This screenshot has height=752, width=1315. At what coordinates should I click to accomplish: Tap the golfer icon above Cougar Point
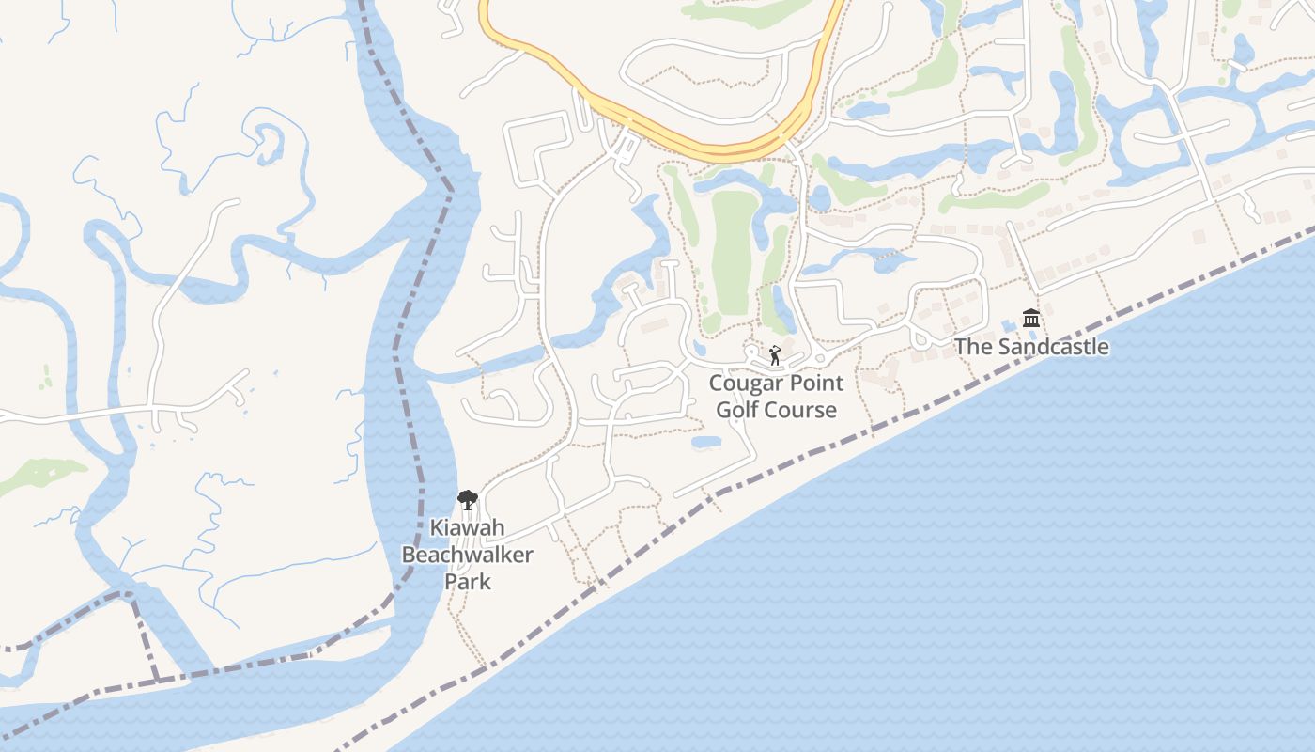775,355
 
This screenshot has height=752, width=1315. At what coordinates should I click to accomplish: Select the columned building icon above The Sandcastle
1031,319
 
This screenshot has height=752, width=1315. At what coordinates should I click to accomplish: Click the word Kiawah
467,527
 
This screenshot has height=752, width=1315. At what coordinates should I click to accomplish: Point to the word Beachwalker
467,555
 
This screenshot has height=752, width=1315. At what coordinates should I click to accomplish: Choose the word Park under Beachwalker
467,582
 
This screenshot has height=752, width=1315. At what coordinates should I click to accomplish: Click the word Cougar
744,384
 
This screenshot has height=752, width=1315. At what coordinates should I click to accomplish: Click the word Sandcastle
1053,347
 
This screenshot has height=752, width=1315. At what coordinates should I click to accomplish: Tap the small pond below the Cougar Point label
705,441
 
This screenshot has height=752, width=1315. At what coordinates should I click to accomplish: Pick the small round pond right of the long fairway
820,198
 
